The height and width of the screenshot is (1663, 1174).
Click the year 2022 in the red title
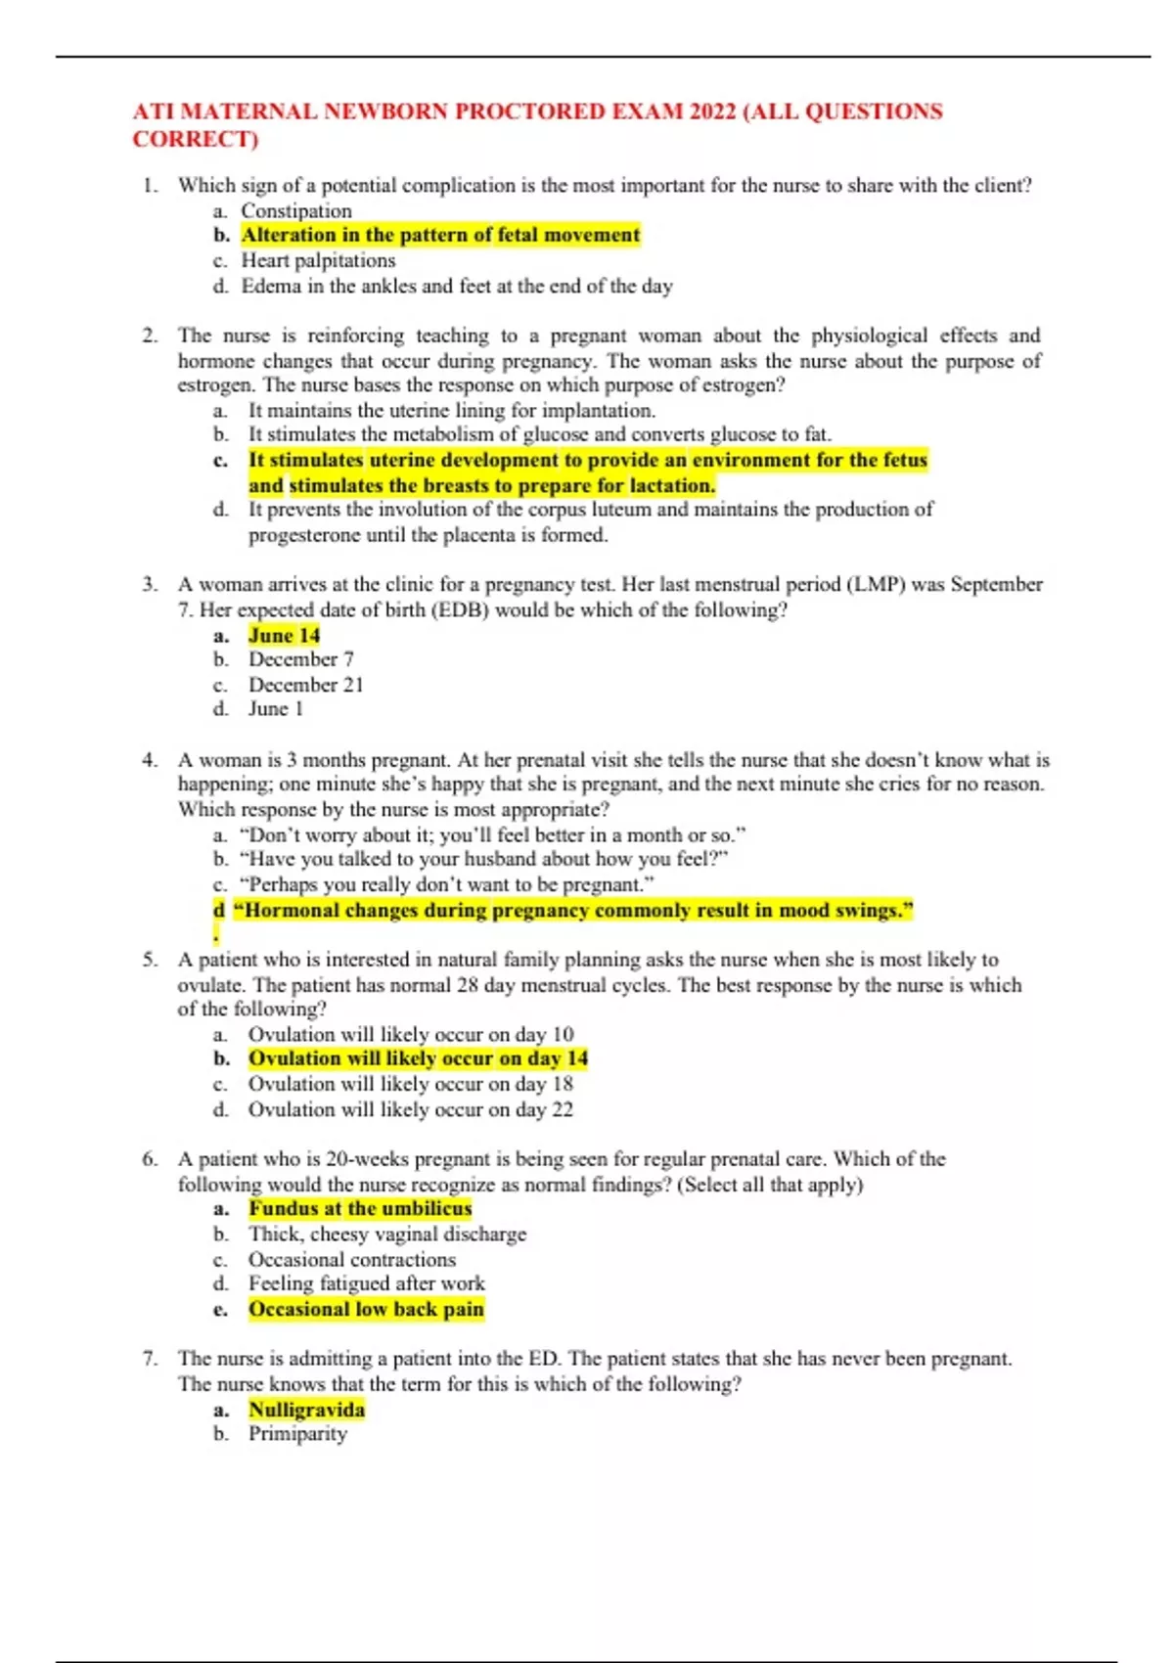pyautogui.click(x=712, y=112)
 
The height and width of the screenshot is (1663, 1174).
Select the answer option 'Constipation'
pyautogui.click(x=296, y=211)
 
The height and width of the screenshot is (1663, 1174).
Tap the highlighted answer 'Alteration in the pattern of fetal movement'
pyautogui.click(x=440, y=235)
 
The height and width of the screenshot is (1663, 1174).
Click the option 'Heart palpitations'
pyautogui.click(x=318, y=260)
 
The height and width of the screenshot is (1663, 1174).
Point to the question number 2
pyautogui.click(x=150, y=336)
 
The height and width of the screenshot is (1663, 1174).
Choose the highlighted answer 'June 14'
pyautogui.click(x=284, y=635)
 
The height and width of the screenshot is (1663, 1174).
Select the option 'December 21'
pyautogui.click(x=305, y=685)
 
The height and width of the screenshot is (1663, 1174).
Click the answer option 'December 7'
pyautogui.click(x=300, y=659)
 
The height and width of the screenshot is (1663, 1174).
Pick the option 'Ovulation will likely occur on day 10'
pyautogui.click(x=411, y=1034)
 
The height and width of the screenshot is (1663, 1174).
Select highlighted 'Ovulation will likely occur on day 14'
pyautogui.click(x=418, y=1058)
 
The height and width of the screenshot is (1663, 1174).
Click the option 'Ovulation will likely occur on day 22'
pyautogui.click(x=411, y=1109)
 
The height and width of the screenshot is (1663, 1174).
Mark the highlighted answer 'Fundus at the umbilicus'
pyautogui.click(x=360, y=1208)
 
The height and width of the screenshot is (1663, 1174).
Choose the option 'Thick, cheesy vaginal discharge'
pyautogui.click(x=387, y=1234)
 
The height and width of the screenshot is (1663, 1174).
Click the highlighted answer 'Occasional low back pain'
pyautogui.click(x=366, y=1309)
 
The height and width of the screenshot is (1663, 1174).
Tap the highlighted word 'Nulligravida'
pyautogui.click(x=306, y=1410)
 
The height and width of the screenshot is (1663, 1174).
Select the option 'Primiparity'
pyautogui.click(x=297, y=1433)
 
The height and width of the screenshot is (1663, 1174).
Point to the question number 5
pyautogui.click(x=150, y=960)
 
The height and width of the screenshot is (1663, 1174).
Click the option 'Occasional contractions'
pyautogui.click(x=352, y=1259)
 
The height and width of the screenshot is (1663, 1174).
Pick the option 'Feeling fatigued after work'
pyautogui.click(x=367, y=1283)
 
